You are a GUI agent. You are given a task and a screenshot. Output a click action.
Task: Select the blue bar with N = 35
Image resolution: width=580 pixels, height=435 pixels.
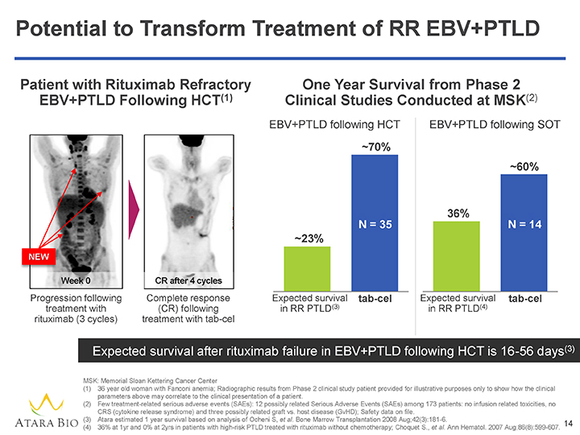point(375,222)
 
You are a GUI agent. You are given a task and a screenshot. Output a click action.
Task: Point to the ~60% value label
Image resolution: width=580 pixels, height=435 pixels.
point(524,167)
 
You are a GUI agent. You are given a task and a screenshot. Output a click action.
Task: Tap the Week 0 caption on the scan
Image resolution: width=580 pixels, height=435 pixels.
point(76,280)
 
